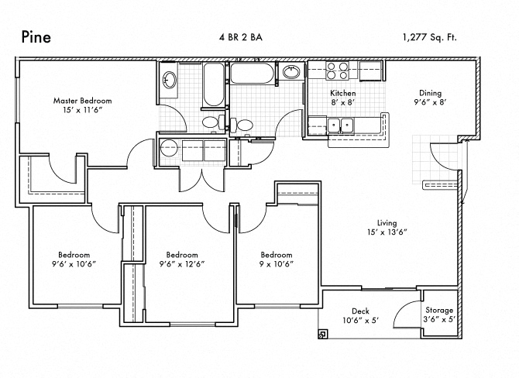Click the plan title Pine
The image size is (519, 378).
(36, 36)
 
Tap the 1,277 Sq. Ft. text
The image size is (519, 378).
(430, 37)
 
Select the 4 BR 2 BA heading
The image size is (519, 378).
(241, 37)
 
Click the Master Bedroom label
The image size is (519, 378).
(82, 101)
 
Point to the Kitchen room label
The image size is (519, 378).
(343, 93)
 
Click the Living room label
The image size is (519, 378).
(387, 223)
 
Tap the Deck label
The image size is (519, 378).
(360, 311)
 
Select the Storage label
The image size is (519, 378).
(439, 310)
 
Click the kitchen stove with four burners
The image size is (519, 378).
(337, 70)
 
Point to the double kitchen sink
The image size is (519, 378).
(340, 125)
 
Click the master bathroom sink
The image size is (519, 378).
(170, 80)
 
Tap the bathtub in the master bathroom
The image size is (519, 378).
(214, 84)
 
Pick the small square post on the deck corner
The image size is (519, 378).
(323, 334)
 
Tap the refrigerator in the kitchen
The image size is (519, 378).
(371, 70)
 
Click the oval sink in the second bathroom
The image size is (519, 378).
(291, 72)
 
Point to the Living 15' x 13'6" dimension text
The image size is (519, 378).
(387, 232)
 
